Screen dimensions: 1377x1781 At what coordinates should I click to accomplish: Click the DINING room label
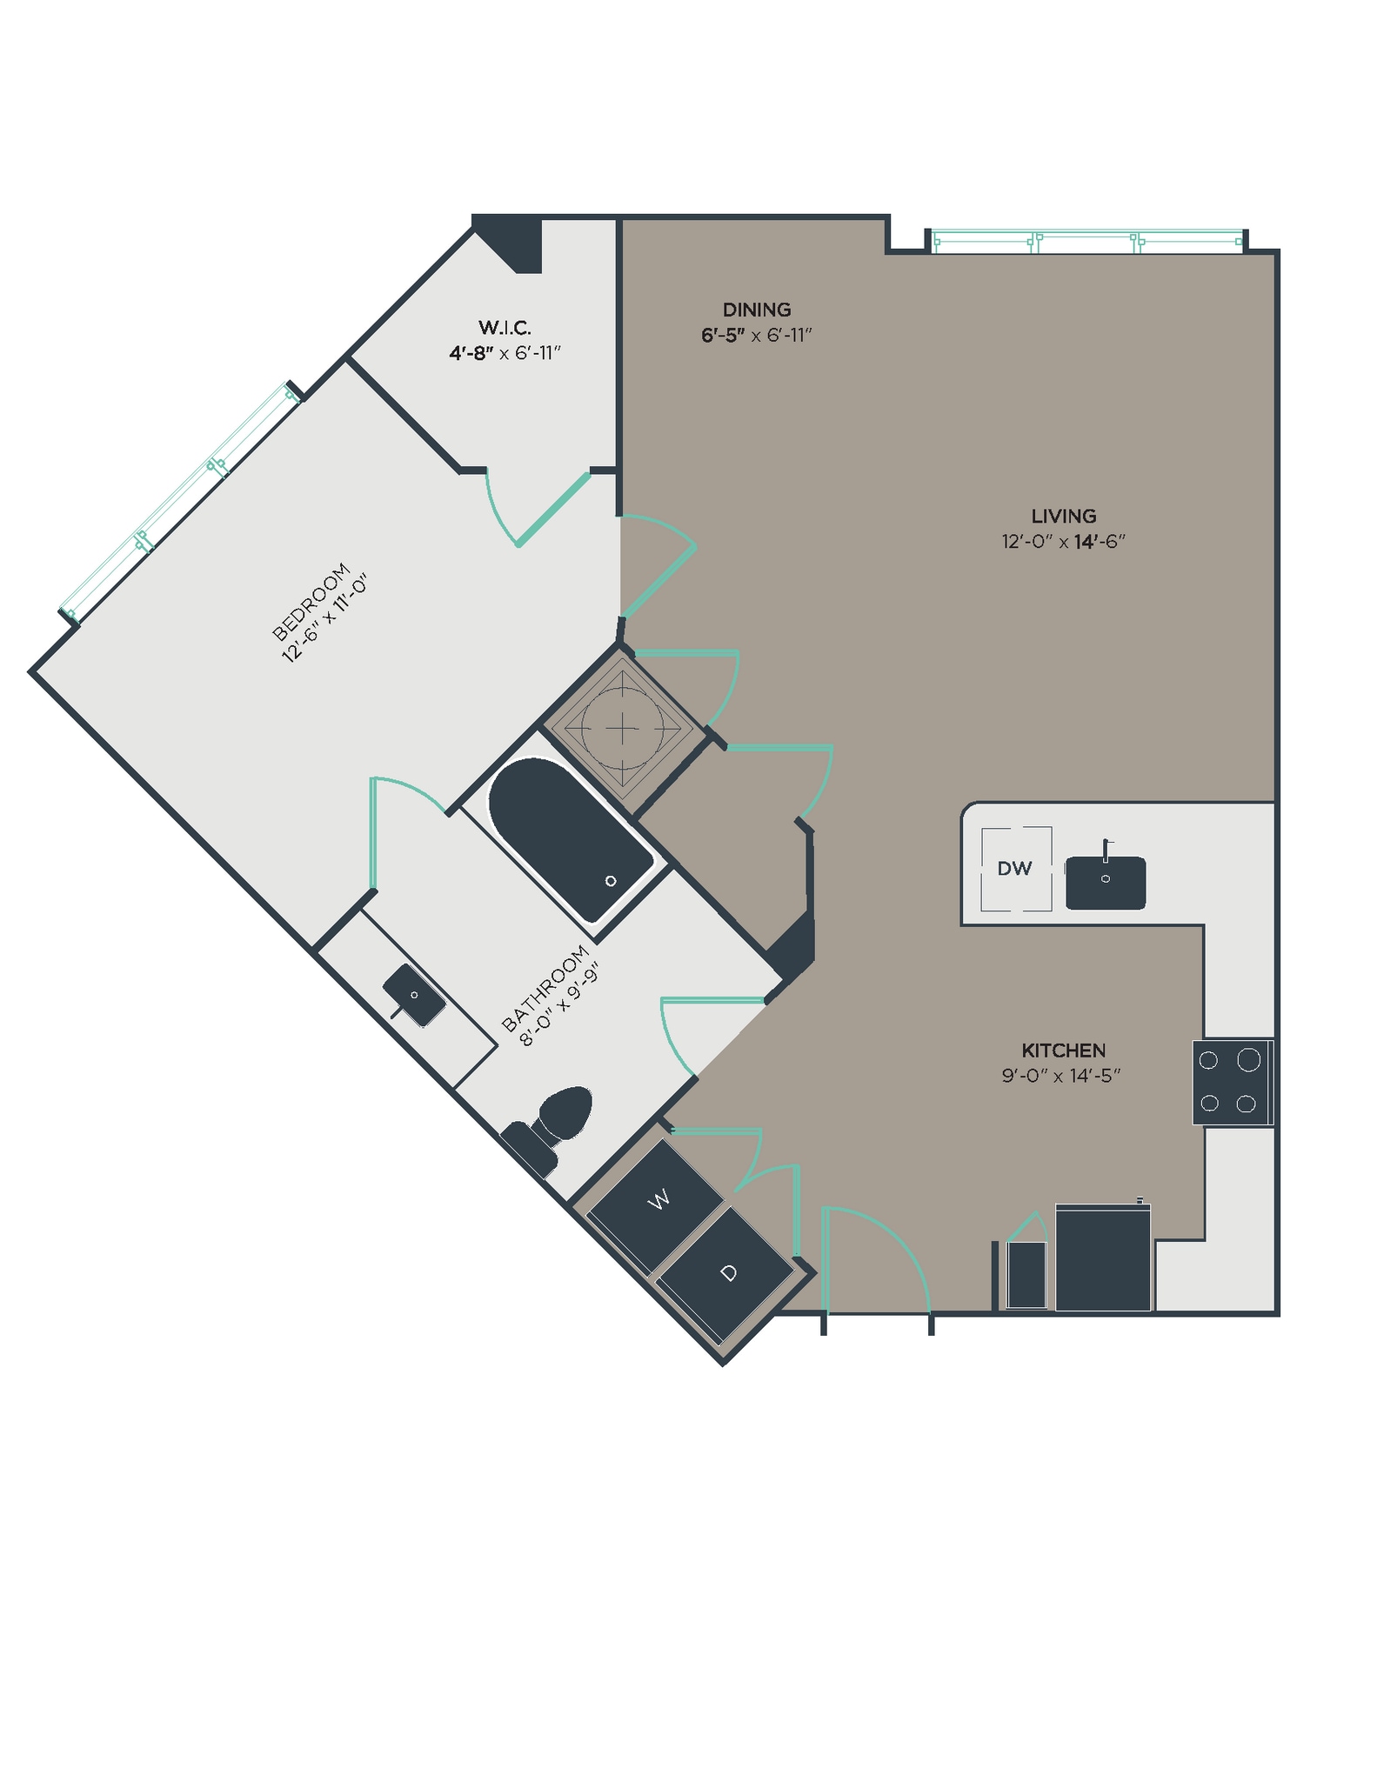(756, 310)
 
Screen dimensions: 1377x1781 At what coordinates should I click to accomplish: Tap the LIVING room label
(1063, 516)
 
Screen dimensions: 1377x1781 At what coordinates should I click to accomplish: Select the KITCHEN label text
(1063, 1050)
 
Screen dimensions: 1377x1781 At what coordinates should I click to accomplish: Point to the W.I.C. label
(505, 328)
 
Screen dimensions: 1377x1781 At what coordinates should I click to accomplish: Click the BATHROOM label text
(545, 988)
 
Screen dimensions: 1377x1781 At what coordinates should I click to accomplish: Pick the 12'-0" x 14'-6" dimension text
(1063, 542)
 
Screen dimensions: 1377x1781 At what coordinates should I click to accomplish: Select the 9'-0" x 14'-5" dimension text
(1060, 1076)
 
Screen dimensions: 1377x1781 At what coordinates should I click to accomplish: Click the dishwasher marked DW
(1015, 868)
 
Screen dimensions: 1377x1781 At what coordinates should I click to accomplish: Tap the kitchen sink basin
(1105, 883)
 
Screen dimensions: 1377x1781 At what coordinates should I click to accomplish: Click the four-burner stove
(1230, 1082)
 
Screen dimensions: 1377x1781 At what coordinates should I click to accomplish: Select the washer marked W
(659, 1200)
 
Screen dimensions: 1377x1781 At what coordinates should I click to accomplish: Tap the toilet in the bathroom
(557, 1123)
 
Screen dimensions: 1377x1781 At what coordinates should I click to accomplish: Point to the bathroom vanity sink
(414, 995)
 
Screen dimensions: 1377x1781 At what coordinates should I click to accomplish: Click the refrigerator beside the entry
(1102, 1257)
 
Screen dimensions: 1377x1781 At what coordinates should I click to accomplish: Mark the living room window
(1086, 241)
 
